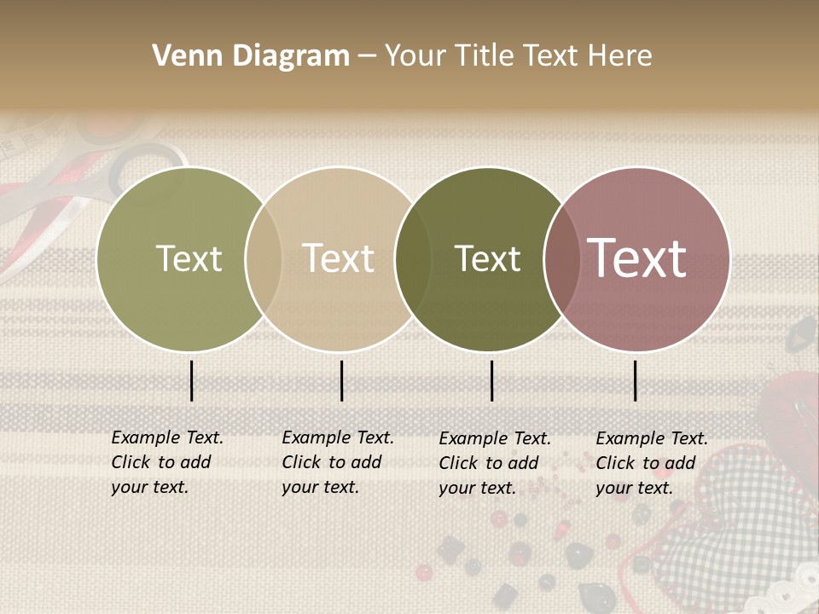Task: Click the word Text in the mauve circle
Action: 637,258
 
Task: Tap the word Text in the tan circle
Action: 339,258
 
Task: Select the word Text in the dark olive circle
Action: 488,258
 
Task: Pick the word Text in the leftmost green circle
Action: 189,258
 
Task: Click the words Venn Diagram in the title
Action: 251,56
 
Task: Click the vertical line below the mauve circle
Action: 636,380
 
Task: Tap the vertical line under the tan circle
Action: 341,380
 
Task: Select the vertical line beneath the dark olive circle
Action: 492,380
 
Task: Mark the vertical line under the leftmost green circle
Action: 192,380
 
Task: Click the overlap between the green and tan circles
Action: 264,258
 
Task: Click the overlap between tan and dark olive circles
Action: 413,258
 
